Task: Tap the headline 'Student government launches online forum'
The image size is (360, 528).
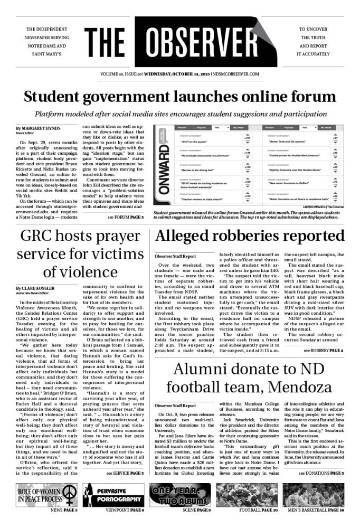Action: coord(179,97)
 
